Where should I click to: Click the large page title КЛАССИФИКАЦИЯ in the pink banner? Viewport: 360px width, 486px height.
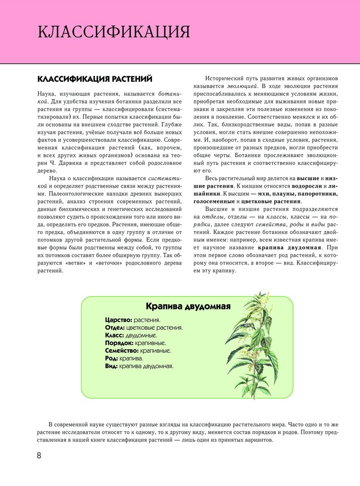point(114,32)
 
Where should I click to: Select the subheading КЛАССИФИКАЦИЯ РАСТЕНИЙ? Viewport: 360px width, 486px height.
point(95,79)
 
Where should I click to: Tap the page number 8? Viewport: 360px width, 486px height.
point(39,455)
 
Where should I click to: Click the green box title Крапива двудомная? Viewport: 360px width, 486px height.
point(188,306)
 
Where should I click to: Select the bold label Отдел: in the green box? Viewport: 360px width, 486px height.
point(115,328)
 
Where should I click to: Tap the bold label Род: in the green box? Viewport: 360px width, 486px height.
point(112,358)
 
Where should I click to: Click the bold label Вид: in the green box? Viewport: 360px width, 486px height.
point(111,366)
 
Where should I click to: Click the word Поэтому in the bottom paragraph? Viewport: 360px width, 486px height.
point(317,432)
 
